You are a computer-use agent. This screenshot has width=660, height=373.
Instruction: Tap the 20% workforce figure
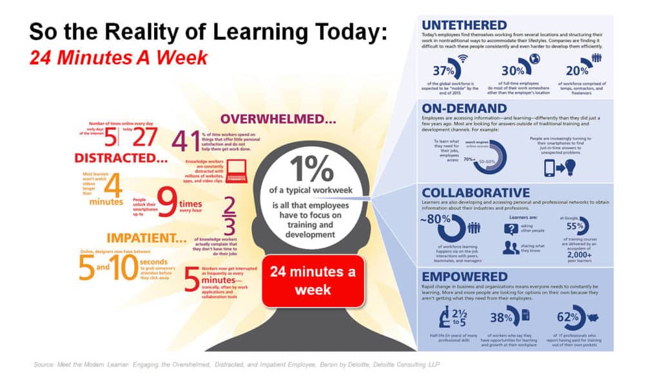(576, 71)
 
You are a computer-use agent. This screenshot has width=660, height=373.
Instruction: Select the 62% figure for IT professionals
(568, 317)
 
